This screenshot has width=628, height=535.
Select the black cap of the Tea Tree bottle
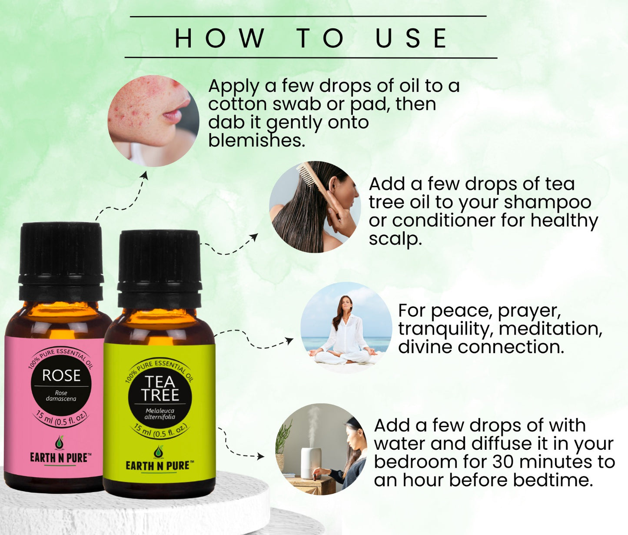159,269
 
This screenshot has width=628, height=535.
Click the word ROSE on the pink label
61,375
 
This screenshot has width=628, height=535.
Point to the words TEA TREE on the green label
159,388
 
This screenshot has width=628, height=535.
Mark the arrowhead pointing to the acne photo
145,175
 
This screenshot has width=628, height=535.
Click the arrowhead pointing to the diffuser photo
260,456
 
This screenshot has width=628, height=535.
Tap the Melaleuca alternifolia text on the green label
160,414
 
